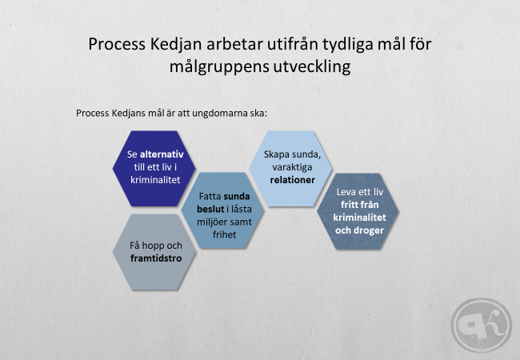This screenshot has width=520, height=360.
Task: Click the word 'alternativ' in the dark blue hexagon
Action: [x=162, y=154]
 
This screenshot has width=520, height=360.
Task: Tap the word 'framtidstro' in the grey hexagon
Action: [x=156, y=258]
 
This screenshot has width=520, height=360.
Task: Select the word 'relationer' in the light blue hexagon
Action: [x=293, y=180]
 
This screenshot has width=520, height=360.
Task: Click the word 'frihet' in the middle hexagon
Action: [x=225, y=234]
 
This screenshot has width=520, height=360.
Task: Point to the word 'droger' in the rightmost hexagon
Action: [x=369, y=230]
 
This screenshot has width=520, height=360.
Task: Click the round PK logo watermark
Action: [x=481, y=325]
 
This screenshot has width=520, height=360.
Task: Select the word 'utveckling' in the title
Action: [x=312, y=66]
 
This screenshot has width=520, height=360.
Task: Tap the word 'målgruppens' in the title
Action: [x=219, y=67]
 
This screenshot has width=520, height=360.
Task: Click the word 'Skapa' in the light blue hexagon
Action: [x=276, y=155]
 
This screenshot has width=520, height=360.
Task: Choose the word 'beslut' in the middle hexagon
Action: [x=210, y=209]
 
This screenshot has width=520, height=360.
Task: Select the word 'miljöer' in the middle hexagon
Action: [x=211, y=222]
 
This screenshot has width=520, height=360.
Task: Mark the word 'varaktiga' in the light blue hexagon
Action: [x=292, y=167]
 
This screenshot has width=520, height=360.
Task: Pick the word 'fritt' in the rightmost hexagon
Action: [x=350, y=205]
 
